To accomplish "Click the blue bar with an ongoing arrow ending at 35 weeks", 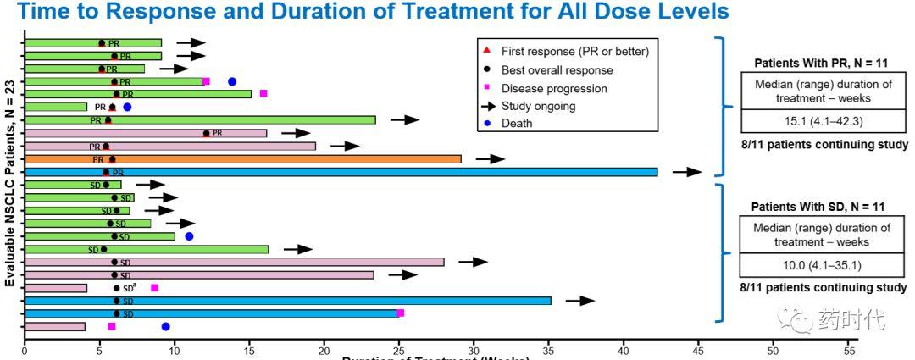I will [x=288, y=301].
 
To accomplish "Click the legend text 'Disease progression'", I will [x=554, y=88].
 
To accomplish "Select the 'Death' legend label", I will [x=518, y=124].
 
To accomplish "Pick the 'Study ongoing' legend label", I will [x=538, y=106].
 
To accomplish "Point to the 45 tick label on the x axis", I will [x=698, y=350].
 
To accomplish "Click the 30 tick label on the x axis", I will [x=474, y=350].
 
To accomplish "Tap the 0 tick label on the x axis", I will [x=25, y=350].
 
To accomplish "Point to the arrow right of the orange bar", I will [x=490, y=158].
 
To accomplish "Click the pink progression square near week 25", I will [x=400, y=313].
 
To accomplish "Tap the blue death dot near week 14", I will [x=232, y=81].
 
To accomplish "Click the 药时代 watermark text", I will [x=851, y=321].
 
